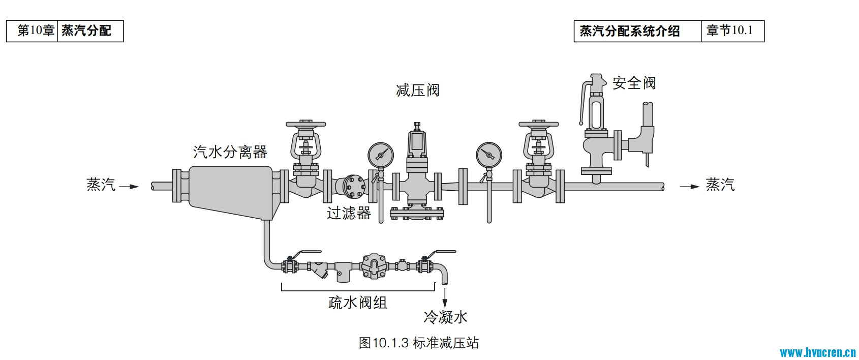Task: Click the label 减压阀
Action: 417,91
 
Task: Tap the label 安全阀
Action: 634,83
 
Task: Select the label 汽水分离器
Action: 230,152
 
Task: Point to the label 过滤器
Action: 349,213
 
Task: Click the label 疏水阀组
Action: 358,303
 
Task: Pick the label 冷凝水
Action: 445,317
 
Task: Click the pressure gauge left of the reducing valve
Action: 380,154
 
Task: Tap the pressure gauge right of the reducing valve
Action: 489,154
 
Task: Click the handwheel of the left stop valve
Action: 305,124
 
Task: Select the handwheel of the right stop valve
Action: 538,124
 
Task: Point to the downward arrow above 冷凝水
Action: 445,297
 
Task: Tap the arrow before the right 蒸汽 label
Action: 690,187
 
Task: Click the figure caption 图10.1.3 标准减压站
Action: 418,343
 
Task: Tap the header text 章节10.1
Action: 729,31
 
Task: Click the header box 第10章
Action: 36,31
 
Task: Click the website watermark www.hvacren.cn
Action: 818,352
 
